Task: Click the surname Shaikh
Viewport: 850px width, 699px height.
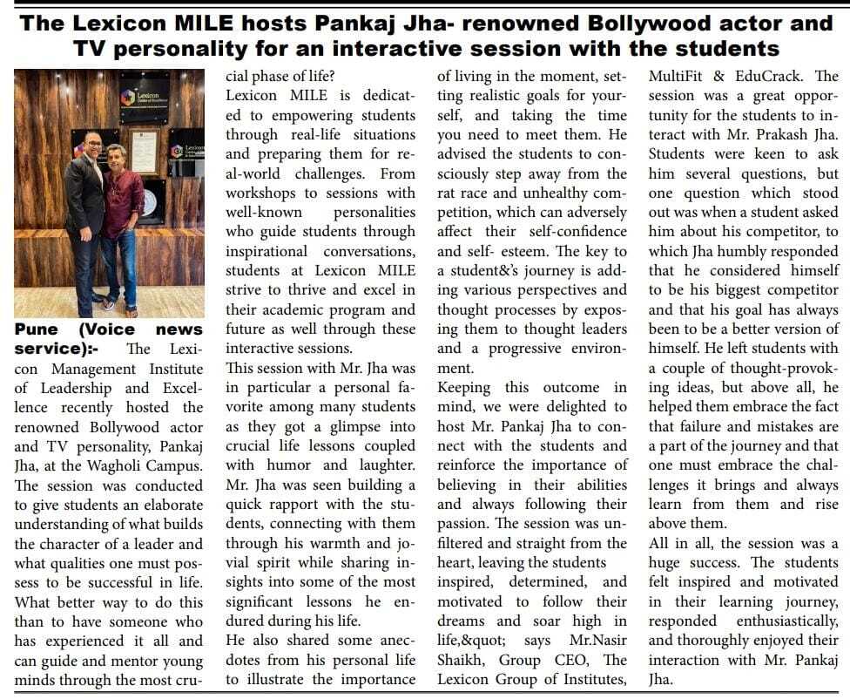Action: click(x=462, y=659)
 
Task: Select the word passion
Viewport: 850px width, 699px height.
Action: click(x=462, y=524)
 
